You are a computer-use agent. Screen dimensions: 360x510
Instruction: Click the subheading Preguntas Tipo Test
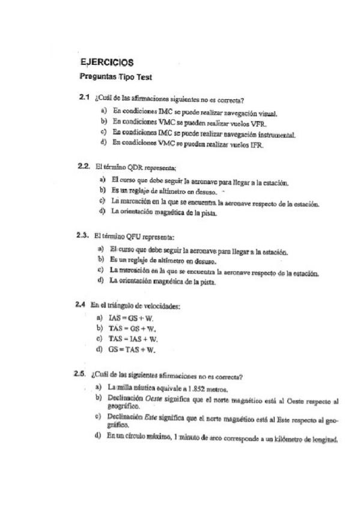pos(115,76)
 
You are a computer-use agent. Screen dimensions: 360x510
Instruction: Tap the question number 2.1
pos(84,97)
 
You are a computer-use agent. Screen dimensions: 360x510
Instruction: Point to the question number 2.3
pos(84,235)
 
